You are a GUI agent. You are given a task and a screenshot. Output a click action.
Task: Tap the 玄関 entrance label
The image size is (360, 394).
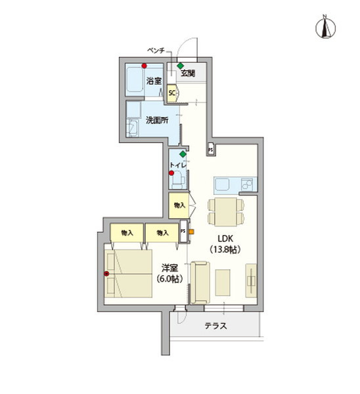click(x=188, y=73)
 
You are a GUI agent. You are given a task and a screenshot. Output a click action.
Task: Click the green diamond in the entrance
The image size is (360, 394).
click(x=180, y=65)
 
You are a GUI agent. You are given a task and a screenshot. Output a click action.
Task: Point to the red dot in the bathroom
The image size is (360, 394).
click(x=143, y=66)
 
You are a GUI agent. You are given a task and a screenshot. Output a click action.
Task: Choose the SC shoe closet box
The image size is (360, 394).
click(x=172, y=93)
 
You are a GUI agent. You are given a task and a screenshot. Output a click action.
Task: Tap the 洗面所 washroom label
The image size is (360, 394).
click(x=156, y=120)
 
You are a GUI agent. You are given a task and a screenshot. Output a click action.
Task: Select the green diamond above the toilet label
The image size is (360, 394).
click(x=182, y=154)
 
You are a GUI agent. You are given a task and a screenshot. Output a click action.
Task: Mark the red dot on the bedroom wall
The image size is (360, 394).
click(x=106, y=274)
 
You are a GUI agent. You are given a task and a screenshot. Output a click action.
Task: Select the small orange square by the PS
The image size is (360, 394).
click(x=191, y=230)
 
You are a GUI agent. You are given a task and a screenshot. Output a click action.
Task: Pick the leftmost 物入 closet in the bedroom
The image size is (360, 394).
click(x=127, y=232)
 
